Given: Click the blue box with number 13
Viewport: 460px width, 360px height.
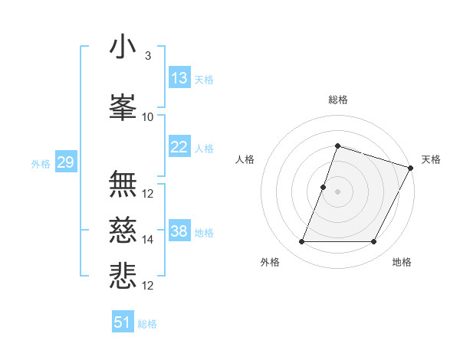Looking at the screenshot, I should pos(179,78).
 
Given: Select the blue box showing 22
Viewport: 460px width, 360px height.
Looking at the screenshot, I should pos(179,147).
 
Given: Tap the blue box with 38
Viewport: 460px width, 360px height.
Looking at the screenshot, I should pos(179,231).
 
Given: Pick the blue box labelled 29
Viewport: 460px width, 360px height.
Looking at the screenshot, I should pos(65,162).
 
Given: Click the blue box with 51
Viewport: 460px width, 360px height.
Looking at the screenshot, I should pos(123,322).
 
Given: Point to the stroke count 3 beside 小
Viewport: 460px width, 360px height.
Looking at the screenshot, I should pos(147,56).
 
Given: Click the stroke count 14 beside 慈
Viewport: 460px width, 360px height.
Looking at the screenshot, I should pos(148,240).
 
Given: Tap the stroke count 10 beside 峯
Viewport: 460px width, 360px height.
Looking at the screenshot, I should pos(148,117).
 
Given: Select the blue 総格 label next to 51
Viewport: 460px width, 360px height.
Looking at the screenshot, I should pos(147,324).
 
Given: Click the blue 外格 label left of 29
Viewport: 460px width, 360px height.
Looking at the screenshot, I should pos(41,163).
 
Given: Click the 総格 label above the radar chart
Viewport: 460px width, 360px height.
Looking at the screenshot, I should pos(338,100).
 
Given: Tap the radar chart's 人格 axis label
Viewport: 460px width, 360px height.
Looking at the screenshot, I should pos(245,159).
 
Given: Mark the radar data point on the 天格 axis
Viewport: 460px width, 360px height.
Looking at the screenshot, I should pos(411,168).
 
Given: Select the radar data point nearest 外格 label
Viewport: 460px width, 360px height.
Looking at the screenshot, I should pos(301,242).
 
